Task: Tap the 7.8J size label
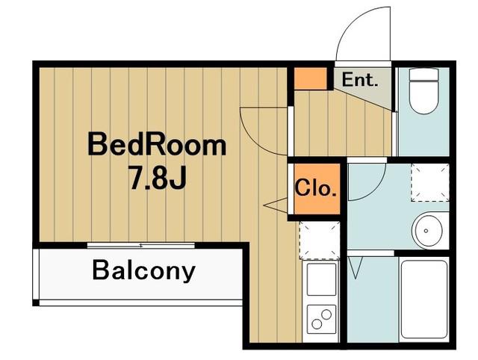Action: [158, 178]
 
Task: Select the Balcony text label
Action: [143, 270]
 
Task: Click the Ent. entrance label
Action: [360, 80]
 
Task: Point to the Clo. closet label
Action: [315, 188]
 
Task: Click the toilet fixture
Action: [423, 91]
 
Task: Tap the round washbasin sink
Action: [426, 231]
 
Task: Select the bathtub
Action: [424, 300]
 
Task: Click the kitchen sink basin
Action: [321, 279]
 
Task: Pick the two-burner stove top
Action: [321, 319]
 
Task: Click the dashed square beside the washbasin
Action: [430, 182]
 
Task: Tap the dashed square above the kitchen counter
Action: [320, 240]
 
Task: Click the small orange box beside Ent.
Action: [311, 78]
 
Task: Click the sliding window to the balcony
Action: [141, 246]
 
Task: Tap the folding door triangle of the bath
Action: [356, 267]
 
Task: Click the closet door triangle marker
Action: [276, 205]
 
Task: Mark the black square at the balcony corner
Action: [36, 302]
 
